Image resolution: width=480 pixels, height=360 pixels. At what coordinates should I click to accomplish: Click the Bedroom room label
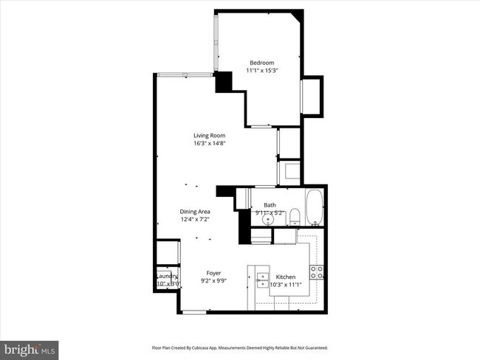(x=261, y=63)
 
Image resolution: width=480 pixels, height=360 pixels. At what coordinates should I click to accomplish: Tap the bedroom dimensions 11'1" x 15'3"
(x=261, y=71)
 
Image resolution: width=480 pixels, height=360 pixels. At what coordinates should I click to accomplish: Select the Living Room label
(x=209, y=135)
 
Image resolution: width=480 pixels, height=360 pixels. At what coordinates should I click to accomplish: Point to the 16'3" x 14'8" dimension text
(x=209, y=143)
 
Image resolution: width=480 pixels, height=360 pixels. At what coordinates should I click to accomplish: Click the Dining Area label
(x=195, y=212)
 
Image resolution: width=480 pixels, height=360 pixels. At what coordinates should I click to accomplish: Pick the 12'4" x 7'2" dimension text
(x=195, y=220)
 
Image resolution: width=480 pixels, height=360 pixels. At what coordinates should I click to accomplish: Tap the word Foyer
(x=213, y=273)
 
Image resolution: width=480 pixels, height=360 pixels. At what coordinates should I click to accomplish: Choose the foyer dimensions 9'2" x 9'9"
(x=213, y=281)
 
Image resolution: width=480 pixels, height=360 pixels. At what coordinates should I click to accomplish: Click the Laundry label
(x=167, y=276)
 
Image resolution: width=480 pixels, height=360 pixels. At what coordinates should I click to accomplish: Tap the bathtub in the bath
(x=315, y=208)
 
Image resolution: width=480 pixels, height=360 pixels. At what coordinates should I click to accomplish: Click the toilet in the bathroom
(x=294, y=216)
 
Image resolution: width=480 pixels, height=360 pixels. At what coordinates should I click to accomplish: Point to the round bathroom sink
(x=270, y=218)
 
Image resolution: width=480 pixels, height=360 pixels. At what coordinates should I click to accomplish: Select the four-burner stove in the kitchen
(x=317, y=274)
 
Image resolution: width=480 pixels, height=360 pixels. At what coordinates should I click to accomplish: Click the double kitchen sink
(x=262, y=277)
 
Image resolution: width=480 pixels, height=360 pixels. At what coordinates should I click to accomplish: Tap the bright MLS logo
(x=30, y=347)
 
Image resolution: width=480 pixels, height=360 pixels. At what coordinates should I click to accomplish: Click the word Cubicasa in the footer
(x=221, y=347)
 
